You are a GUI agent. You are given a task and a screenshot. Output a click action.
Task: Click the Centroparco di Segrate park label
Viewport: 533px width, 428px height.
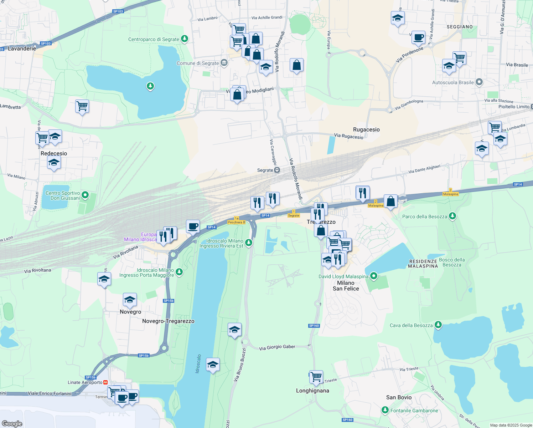(154, 39)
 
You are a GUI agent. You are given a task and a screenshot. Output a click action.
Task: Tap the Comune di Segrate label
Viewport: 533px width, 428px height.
(198, 63)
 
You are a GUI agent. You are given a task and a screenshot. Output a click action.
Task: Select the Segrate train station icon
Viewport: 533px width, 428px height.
(277, 170)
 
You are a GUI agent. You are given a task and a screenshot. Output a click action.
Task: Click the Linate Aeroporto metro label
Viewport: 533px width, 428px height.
(85, 382)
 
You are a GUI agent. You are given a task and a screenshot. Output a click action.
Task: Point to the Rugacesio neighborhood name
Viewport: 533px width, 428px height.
(366, 129)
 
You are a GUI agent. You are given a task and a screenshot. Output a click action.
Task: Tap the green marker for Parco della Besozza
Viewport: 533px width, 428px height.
(452, 216)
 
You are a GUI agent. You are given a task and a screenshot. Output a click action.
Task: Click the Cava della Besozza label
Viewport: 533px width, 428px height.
(411, 325)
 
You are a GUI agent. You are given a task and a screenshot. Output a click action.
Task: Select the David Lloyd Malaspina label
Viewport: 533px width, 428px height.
(343, 276)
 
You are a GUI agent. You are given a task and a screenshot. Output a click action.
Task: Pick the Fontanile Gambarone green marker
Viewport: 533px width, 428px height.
(385, 410)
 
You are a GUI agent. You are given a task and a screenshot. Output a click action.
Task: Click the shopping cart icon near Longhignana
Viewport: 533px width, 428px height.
(316, 376)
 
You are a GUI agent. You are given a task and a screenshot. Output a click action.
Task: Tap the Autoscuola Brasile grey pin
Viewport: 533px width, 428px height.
(479, 82)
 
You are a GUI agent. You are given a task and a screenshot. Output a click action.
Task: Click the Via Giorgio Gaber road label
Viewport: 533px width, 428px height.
(277, 347)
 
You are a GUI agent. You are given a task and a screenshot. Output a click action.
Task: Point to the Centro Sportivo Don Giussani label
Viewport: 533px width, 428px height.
(63, 195)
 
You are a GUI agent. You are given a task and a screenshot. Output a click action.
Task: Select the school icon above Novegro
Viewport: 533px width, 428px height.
(130, 300)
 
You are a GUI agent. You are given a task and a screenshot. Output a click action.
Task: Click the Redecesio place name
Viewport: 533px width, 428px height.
(54, 153)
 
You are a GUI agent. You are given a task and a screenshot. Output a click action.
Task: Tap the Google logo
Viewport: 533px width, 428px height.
(12, 423)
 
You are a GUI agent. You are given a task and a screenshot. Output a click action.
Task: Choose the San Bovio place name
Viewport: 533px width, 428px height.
(399, 397)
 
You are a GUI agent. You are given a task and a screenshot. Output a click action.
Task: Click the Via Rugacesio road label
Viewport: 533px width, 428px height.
(348, 136)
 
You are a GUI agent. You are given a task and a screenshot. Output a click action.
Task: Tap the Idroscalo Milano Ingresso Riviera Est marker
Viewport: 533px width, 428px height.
(249, 243)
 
